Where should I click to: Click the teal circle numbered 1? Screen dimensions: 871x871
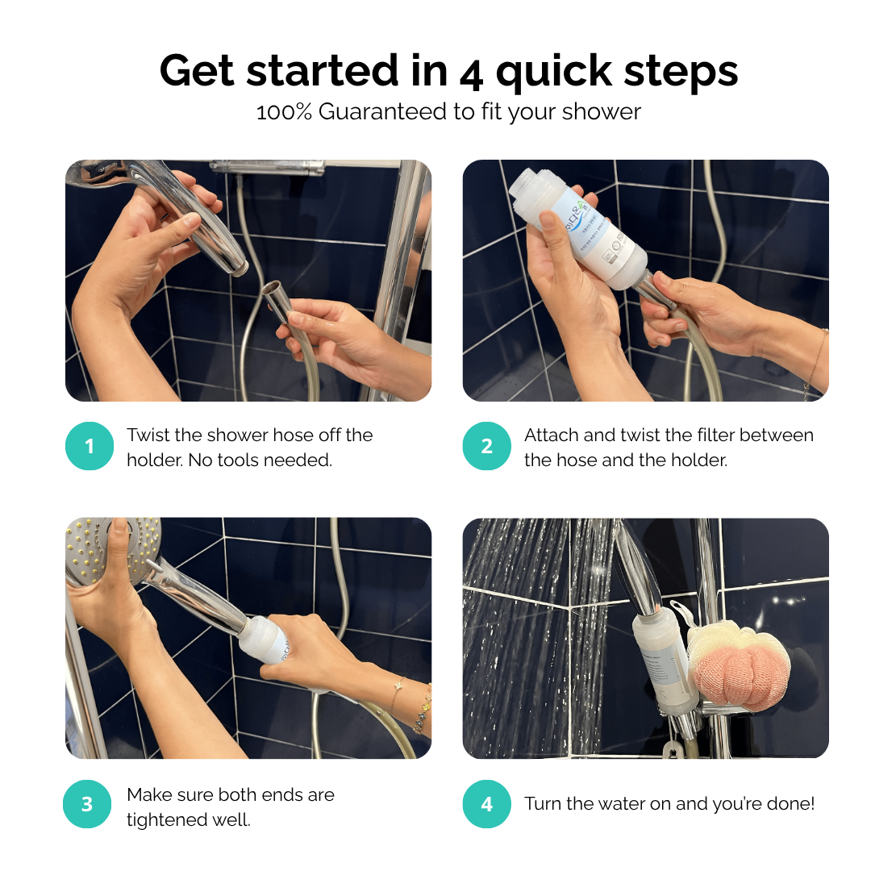pyautogui.click(x=90, y=446)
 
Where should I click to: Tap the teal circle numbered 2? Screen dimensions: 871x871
pyautogui.click(x=487, y=446)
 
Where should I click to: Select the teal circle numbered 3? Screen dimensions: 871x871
pyautogui.click(x=87, y=804)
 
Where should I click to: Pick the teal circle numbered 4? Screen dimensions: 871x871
pyautogui.click(x=487, y=804)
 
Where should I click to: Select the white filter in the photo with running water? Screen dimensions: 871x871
pyautogui.click(x=666, y=661)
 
